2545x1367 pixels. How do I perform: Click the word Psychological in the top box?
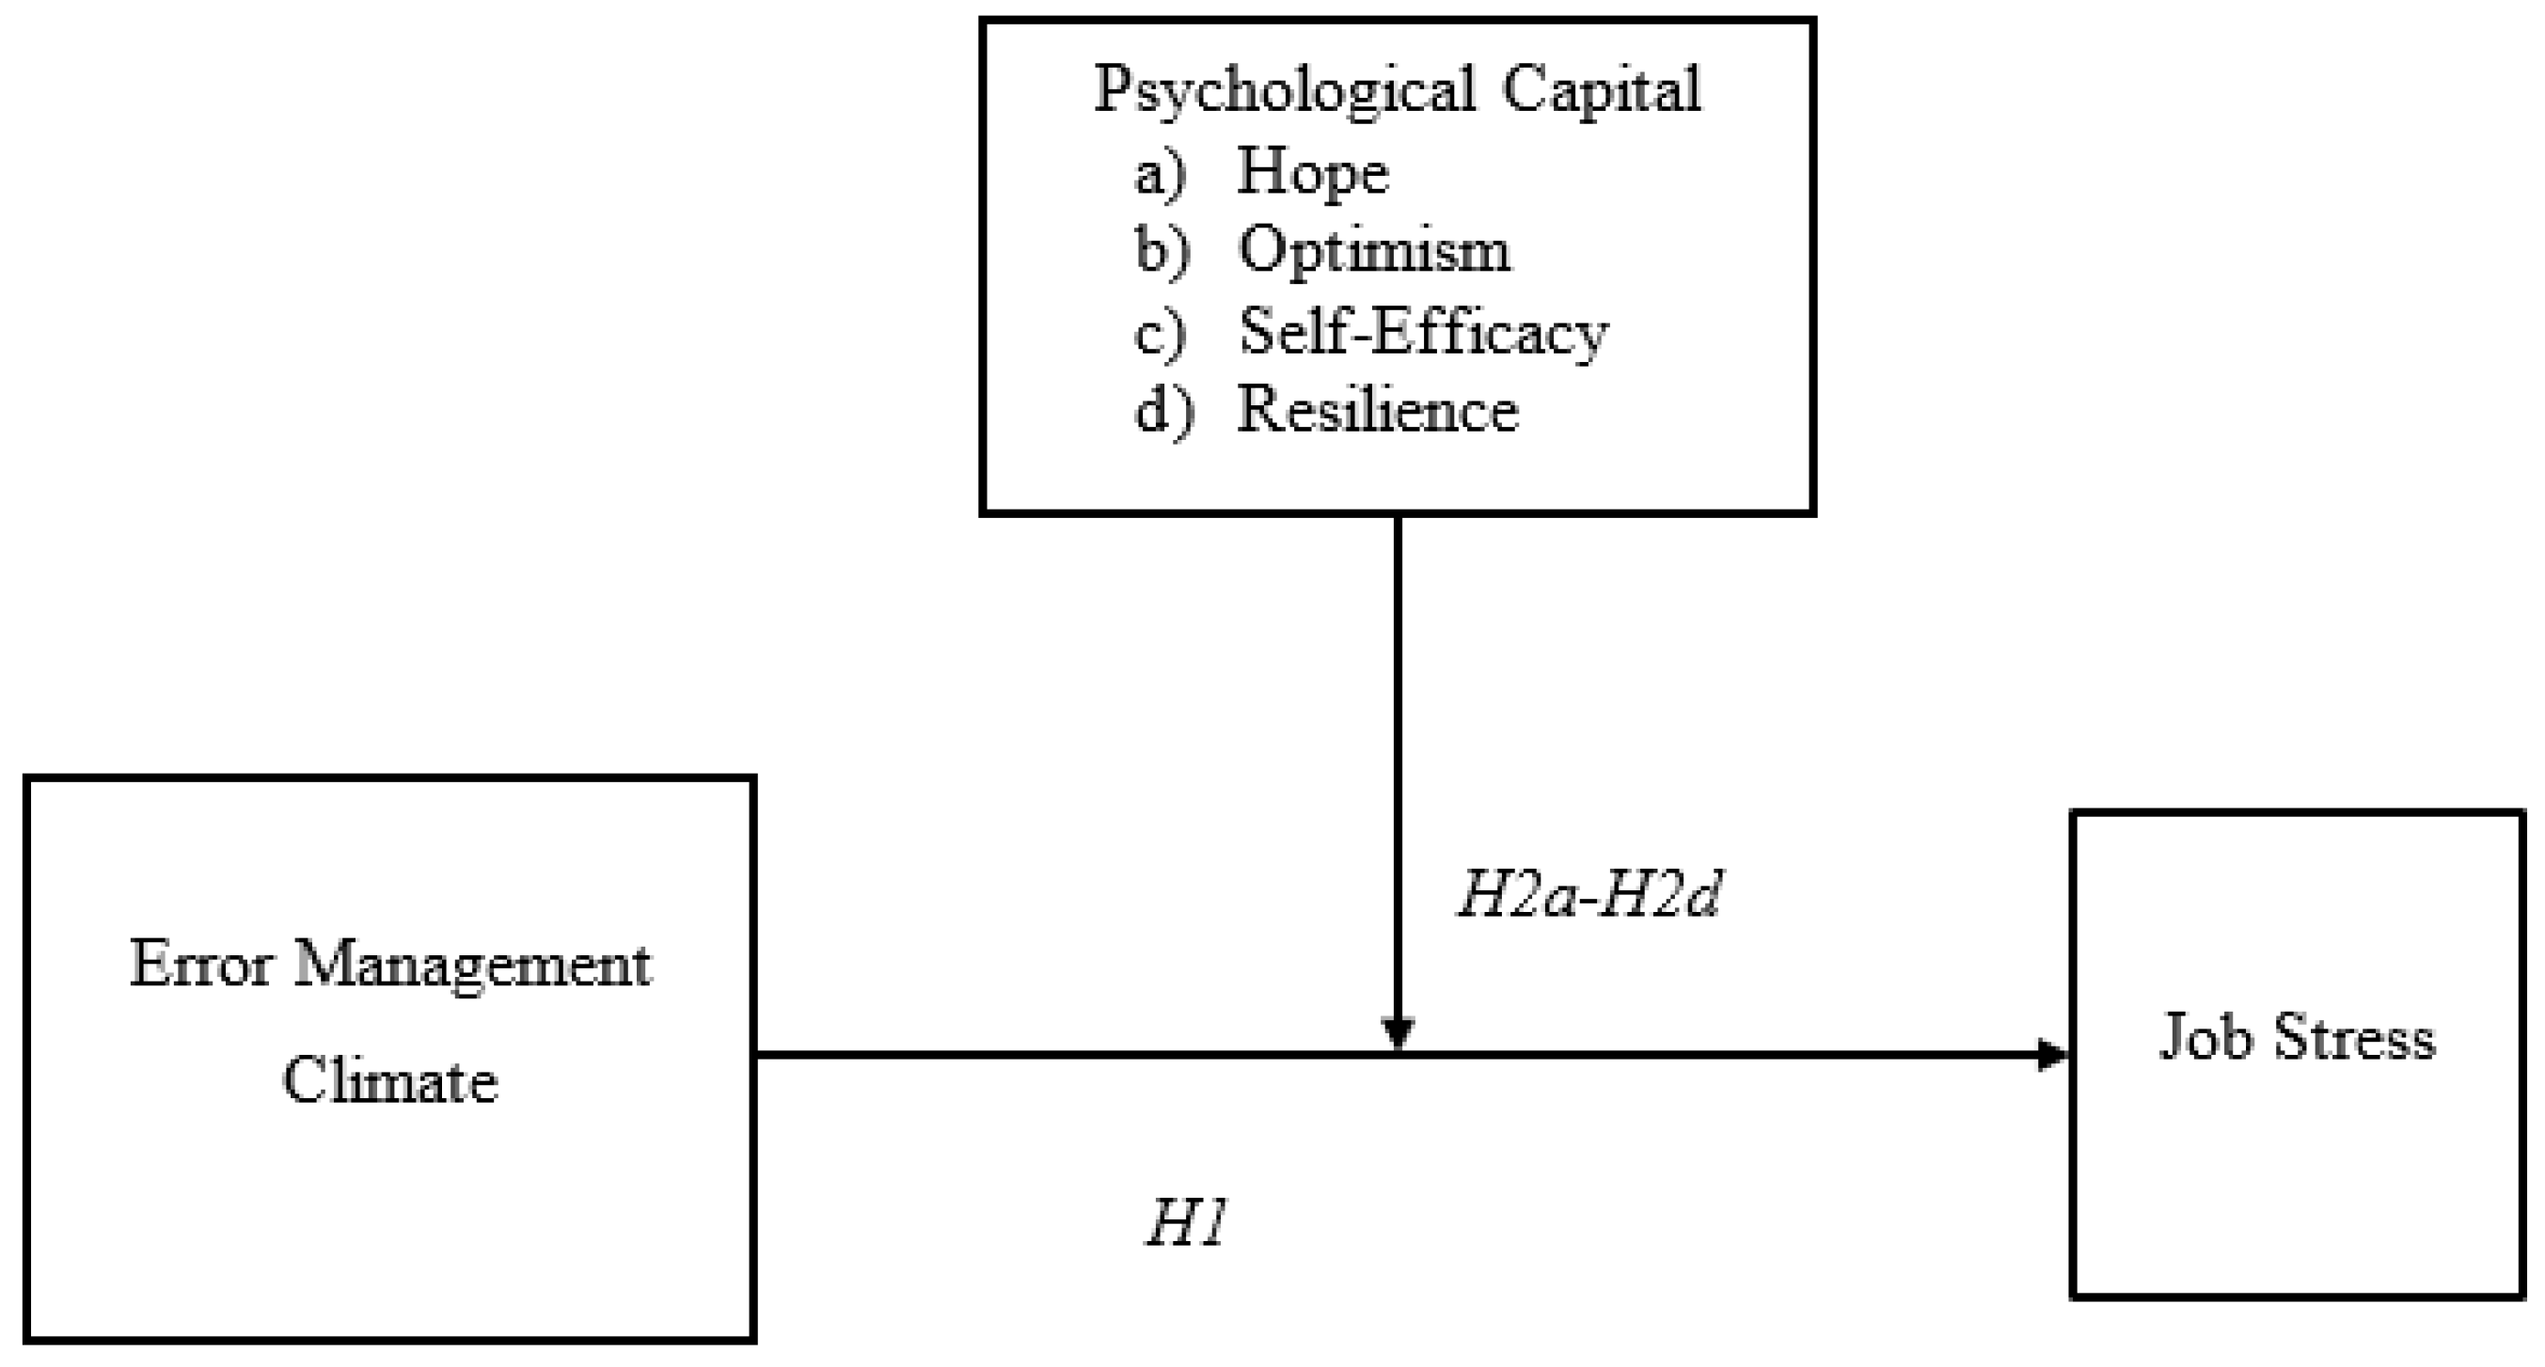click(1285, 91)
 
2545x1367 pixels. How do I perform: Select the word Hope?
click(1313, 173)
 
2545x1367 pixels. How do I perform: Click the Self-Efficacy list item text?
click(1424, 332)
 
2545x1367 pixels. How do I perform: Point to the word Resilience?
click(1378, 410)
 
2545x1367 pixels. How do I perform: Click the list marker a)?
click(1161, 175)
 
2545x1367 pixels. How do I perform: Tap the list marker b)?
click(1162, 251)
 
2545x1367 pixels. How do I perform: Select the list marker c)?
click(1160, 334)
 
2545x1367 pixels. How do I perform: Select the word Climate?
click(390, 1079)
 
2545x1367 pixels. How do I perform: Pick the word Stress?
click(2354, 1038)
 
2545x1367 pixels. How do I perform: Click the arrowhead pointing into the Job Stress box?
click(2053, 1056)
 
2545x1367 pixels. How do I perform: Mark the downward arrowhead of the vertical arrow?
click(1398, 1033)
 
